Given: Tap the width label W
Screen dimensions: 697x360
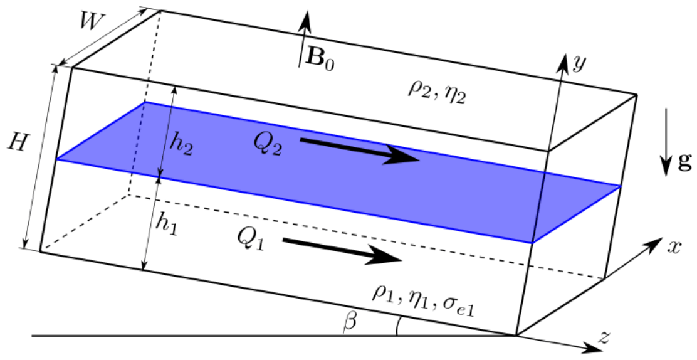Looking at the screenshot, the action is pos(93,21).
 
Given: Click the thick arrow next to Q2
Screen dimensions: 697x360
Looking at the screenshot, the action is pos(360,151).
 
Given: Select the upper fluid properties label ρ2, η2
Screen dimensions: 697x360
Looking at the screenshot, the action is pos(436,92).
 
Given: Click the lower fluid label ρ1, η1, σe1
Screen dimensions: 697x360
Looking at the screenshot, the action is pos(423,302).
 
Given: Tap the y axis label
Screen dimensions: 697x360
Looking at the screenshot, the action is pos(579,63).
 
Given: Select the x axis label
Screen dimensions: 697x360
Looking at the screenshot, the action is pos(674,247).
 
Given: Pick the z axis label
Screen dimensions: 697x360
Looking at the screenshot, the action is pos(603,338).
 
